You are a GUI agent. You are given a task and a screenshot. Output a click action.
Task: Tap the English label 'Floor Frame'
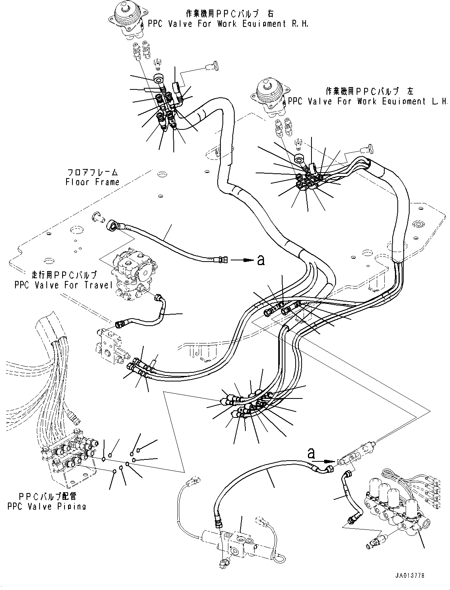coord(92,182)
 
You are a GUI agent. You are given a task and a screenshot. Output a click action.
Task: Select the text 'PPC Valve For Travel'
coord(64,285)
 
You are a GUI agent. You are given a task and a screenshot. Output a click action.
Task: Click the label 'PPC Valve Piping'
coord(46,506)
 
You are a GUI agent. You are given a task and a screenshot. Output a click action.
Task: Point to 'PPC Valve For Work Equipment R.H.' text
coord(228,24)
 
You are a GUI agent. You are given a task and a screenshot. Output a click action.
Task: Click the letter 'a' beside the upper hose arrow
coord(260,260)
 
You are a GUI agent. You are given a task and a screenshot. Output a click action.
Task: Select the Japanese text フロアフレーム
coord(92,173)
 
